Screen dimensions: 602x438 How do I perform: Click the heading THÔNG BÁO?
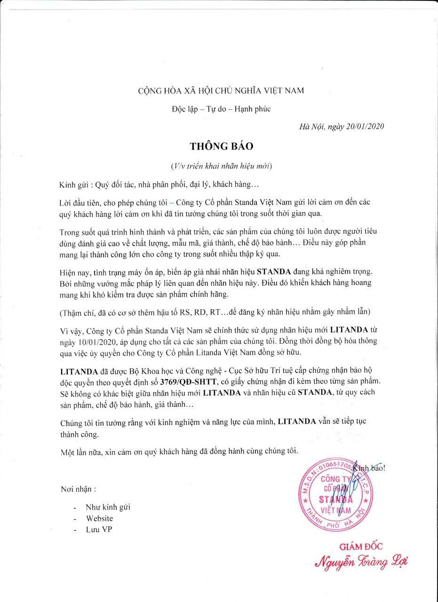[x=221, y=146]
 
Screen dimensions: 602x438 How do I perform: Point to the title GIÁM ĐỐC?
[x=361, y=547]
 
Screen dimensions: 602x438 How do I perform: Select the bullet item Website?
[x=99, y=518]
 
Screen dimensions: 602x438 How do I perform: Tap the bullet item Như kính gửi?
[x=108, y=507]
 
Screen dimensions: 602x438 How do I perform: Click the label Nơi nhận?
[x=79, y=489]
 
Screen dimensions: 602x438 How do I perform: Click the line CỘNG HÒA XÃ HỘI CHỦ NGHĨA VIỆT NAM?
[x=221, y=90]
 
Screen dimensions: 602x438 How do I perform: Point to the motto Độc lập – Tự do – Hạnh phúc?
[x=221, y=109]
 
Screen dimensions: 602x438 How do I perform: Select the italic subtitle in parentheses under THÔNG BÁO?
[x=221, y=166]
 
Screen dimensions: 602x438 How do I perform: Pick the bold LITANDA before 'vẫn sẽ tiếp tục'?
[x=297, y=421]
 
